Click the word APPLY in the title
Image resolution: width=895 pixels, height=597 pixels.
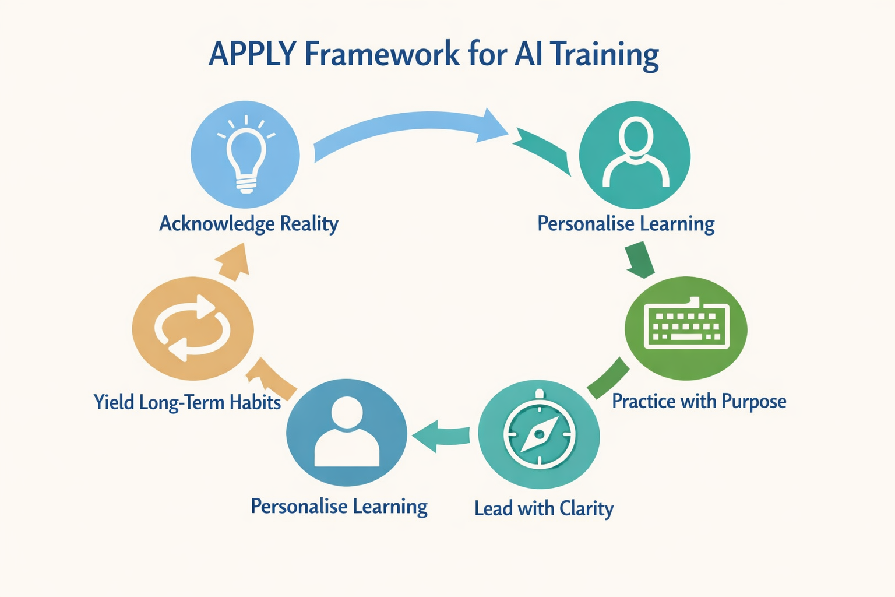[x=252, y=54]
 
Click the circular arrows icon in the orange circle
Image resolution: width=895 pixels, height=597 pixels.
[x=193, y=328]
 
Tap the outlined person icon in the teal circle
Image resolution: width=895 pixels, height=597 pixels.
[x=635, y=153]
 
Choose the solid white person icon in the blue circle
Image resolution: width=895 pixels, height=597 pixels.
[x=347, y=432]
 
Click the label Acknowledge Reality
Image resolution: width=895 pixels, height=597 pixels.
[x=249, y=224]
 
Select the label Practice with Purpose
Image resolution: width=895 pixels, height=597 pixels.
[x=699, y=402]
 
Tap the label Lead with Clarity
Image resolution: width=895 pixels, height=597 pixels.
[x=544, y=509]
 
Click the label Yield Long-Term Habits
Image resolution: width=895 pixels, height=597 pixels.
[x=187, y=402]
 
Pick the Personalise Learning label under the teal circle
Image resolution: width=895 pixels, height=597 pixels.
[x=626, y=224]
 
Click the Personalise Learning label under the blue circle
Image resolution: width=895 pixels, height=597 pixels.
[x=339, y=507]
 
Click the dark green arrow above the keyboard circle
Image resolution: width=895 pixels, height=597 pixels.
[x=639, y=261]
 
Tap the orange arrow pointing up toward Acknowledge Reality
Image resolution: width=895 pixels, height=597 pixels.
[x=234, y=261]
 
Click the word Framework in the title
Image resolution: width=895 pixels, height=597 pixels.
[x=382, y=54]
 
